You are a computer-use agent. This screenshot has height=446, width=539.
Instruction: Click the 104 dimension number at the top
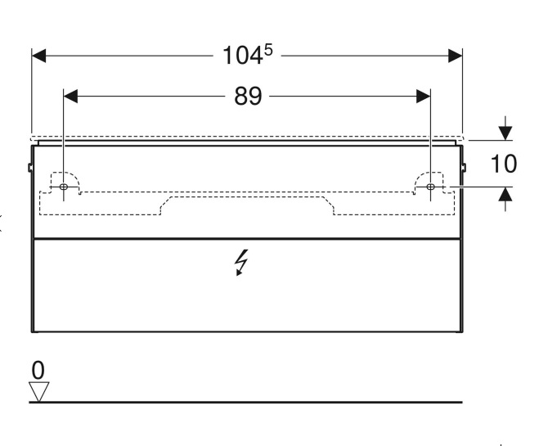click(242, 56)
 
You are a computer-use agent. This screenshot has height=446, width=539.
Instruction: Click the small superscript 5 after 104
click(267, 50)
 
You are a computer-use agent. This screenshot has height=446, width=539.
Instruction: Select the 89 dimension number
click(248, 97)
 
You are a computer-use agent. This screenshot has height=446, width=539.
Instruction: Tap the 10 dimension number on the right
click(504, 164)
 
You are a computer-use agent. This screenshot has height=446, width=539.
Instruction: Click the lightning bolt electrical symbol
click(241, 263)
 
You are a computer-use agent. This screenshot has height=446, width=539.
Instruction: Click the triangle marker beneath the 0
click(38, 392)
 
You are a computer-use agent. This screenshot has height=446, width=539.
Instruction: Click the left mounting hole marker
click(64, 187)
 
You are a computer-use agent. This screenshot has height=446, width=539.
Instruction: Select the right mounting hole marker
click(430, 187)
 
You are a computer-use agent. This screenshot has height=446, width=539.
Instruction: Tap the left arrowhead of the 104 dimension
click(38, 56)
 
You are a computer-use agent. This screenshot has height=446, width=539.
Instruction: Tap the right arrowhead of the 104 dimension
click(456, 56)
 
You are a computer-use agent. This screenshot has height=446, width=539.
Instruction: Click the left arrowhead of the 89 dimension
click(71, 97)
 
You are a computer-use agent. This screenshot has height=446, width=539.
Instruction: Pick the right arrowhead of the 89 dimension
click(423, 97)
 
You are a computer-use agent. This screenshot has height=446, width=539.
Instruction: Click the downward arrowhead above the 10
click(506, 130)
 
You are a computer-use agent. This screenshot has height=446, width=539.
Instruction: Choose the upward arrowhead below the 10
click(506, 194)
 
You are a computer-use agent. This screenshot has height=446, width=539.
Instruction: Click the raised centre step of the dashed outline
click(247, 197)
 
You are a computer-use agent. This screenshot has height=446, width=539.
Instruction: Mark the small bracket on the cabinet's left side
click(29, 168)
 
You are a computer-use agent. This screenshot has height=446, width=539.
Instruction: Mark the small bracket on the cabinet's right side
click(464, 168)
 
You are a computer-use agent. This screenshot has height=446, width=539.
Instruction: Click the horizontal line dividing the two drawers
click(247, 240)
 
